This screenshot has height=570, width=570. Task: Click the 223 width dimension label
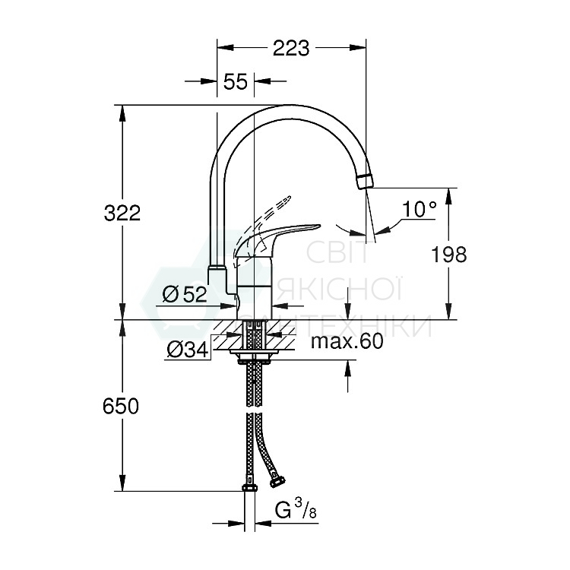[291, 48]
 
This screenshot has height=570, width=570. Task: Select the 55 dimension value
[236, 82]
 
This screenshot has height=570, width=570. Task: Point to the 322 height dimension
[122, 214]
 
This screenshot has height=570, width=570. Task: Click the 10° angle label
[420, 209]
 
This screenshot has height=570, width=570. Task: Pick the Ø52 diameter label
[185, 294]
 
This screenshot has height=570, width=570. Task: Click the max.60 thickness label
[347, 341]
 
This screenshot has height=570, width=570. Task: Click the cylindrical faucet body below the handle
[255, 289]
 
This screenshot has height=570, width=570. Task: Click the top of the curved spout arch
[289, 108]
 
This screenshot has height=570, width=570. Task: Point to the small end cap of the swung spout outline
[216, 268]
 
